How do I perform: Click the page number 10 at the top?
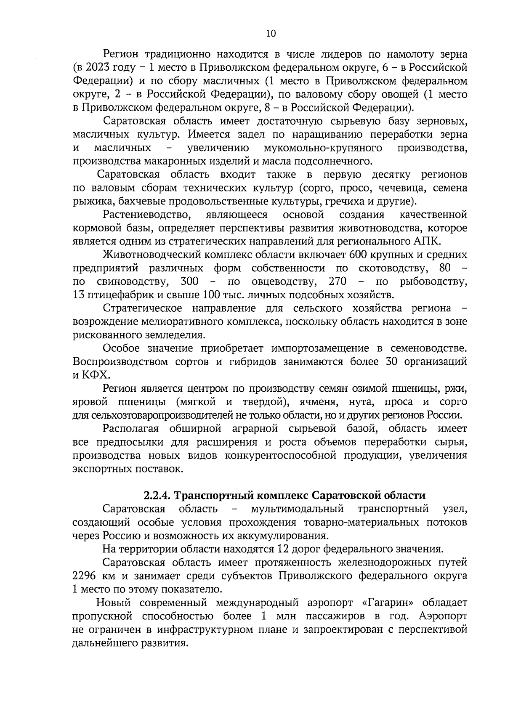(271, 34)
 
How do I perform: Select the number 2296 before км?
(85, 576)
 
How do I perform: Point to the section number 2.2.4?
(157, 495)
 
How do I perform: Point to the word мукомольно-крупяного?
(323, 148)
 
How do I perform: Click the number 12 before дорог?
(282, 549)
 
